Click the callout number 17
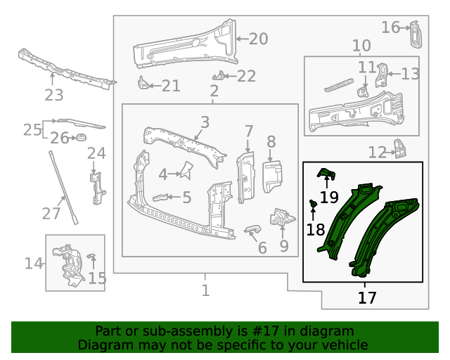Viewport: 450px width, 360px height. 367,297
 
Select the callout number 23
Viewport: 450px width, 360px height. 54,95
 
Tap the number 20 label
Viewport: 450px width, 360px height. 258,39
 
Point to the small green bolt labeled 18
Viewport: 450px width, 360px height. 313,204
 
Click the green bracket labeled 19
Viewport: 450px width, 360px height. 327,173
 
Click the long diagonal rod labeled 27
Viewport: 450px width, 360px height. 63,186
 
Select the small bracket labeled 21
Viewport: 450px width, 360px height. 143,84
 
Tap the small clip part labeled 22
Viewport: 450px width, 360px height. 221,75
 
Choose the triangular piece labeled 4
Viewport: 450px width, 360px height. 186,169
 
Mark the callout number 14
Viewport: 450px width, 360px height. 34,264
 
